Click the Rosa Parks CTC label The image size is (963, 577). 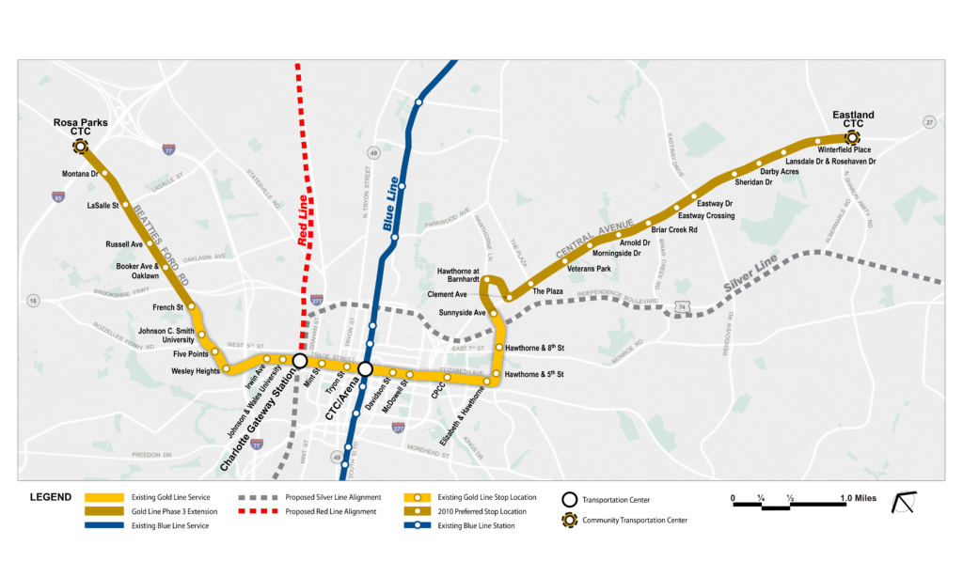(80, 127)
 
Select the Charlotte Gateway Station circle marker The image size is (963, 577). (300, 360)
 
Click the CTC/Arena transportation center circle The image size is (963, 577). (365, 369)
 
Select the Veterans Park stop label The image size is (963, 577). (589, 270)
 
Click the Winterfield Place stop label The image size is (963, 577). (844, 149)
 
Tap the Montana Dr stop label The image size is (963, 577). (81, 174)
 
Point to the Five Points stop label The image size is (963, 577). (192, 355)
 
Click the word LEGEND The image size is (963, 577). (52, 497)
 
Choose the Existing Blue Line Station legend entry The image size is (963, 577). (478, 526)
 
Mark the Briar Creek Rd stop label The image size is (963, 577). (673, 229)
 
